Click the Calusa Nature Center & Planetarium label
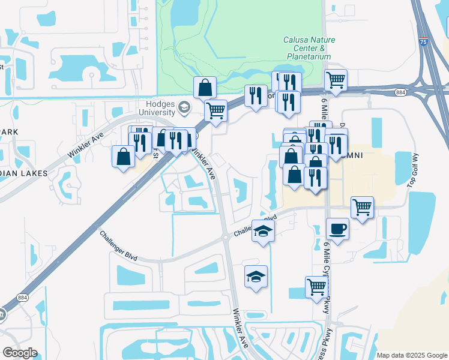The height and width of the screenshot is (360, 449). click(x=309, y=48)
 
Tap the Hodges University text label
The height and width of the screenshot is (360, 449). click(x=157, y=107)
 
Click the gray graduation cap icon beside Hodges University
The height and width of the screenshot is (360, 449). click(x=185, y=107)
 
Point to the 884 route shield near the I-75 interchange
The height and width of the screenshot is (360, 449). click(x=400, y=92)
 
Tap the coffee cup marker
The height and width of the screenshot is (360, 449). click(x=337, y=229)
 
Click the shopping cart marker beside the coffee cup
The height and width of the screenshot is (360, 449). click(x=362, y=207)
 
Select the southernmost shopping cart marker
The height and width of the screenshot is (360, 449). click(x=316, y=286)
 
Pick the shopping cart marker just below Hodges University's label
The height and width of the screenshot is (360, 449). click(x=215, y=110)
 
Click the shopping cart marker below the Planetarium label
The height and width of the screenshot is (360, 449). click(x=336, y=80)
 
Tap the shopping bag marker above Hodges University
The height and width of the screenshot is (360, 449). click(x=205, y=87)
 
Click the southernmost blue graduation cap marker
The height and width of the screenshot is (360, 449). click(x=256, y=276)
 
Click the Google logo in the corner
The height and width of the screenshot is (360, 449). click(x=20, y=353)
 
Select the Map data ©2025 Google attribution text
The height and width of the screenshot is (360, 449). click(x=411, y=355)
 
